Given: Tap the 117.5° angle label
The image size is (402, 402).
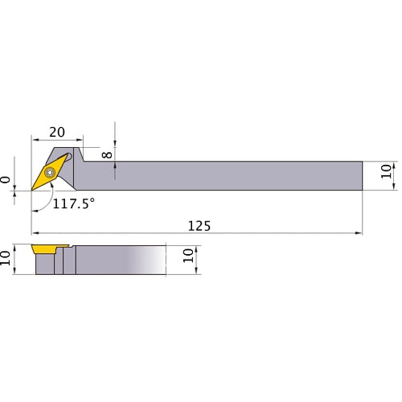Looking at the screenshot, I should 74,204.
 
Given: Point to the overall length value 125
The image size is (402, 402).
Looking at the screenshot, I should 199,226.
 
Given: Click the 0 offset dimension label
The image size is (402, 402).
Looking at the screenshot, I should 7,181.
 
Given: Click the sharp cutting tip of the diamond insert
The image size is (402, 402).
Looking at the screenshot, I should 33,190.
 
